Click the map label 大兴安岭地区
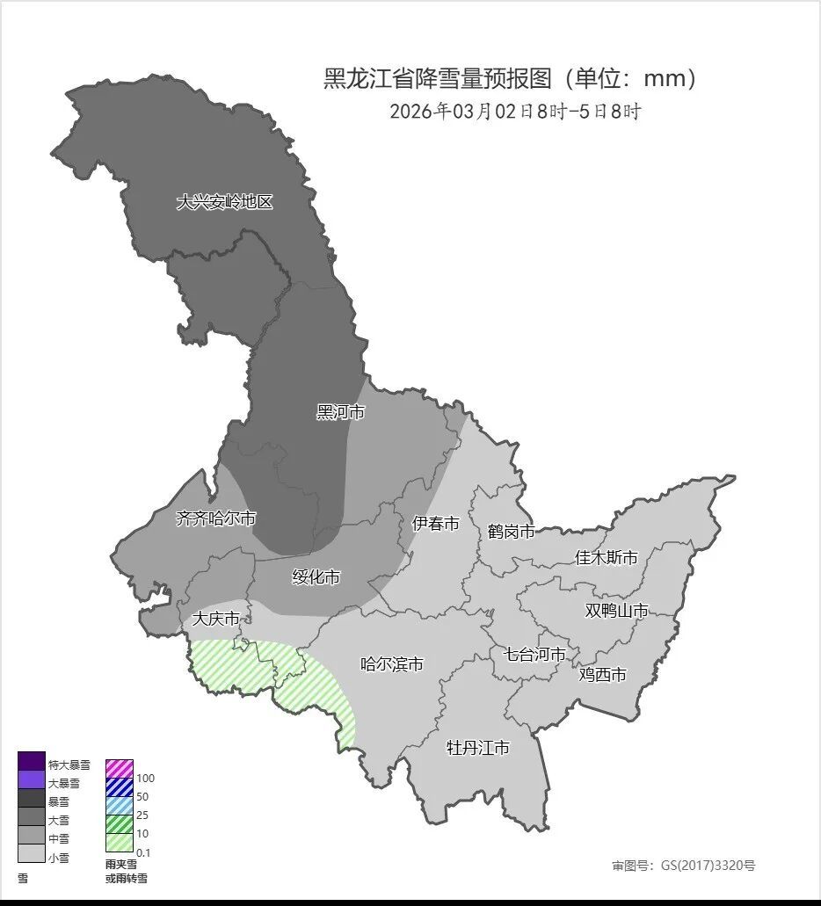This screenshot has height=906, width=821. [x=225, y=202]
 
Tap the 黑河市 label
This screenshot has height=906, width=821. [x=340, y=412]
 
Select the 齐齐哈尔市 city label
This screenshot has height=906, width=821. [x=216, y=518]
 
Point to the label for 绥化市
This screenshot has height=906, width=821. [x=316, y=577]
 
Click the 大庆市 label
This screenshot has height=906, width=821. [x=215, y=620]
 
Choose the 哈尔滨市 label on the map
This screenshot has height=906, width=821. [x=392, y=664]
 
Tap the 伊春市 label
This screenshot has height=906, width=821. [x=436, y=524]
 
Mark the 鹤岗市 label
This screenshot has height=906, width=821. [x=511, y=532]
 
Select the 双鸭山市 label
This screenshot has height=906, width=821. [x=617, y=611]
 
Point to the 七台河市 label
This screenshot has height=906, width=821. [x=540, y=654]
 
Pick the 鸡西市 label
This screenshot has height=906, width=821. [x=603, y=675]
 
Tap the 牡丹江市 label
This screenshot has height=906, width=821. [x=478, y=748]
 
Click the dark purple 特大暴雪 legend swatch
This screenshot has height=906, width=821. [x=32, y=761]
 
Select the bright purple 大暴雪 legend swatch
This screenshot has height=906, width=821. [x=32, y=779]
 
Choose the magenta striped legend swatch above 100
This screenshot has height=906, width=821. [x=120, y=768]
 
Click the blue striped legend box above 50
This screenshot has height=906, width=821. [x=120, y=786]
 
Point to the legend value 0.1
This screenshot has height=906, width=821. [x=145, y=852]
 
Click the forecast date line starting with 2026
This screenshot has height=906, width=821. [x=515, y=112]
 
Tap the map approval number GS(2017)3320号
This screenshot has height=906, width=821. [x=684, y=866]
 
